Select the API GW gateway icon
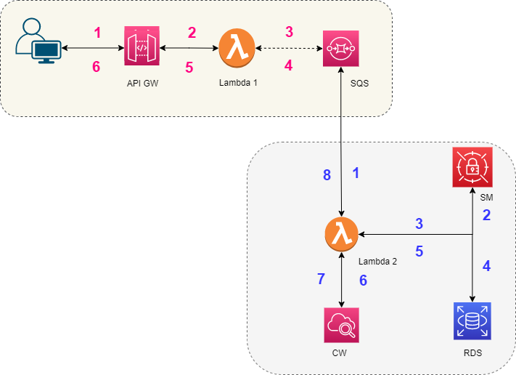coord(141,48)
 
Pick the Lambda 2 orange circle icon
coord(340,234)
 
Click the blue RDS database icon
coord(472,320)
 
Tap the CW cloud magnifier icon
coord(341,324)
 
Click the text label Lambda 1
coord(238,83)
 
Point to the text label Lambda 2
coord(377,261)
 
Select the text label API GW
coord(142,84)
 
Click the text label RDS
coord(472,354)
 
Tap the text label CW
coord(340,354)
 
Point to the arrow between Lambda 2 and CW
coord(341,280)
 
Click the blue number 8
coord(327,174)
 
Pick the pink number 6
coord(96,66)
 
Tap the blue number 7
coord(321,278)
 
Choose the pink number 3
coord(289,32)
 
